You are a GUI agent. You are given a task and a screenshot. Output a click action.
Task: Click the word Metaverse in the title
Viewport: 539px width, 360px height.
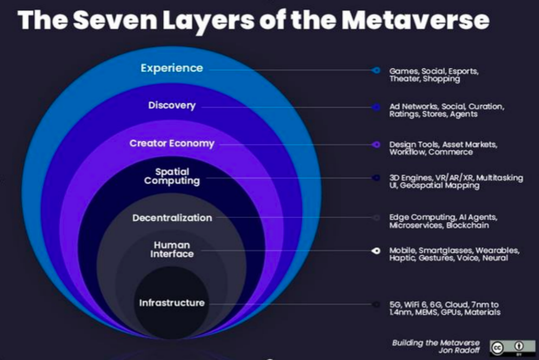click(x=415, y=20)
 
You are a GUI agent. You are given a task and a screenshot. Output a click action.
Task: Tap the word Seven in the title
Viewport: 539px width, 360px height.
click(x=115, y=20)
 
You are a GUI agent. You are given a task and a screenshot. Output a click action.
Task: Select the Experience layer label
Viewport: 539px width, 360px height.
click(x=172, y=68)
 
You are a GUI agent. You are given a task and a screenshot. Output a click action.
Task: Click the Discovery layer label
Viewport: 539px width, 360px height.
click(x=172, y=105)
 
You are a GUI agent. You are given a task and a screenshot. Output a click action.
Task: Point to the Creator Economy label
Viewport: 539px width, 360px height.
click(x=172, y=143)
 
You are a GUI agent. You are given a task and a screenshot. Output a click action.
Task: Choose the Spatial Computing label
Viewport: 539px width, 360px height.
click(x=172, y=176)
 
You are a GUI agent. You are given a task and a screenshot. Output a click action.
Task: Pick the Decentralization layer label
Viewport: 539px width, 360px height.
click(x=172, y=218)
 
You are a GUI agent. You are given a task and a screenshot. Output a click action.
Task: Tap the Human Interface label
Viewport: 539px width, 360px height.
click(x=172, y=250)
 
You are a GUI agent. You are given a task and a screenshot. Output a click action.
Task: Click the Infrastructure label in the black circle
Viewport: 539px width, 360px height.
click(x=172, y=303)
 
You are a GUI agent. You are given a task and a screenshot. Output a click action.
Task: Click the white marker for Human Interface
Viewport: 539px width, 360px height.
click(x=376, y=251)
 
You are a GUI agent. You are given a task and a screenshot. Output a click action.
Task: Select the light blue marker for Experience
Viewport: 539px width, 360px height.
click(x=376, y=70)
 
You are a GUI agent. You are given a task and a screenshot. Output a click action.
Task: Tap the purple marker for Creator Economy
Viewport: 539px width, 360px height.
click(x=376, y=144)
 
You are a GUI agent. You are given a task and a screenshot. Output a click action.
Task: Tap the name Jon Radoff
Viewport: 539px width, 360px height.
click(x=459, y=351)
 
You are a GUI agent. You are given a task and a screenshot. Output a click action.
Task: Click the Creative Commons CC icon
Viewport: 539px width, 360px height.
click(x=498, y=348)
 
